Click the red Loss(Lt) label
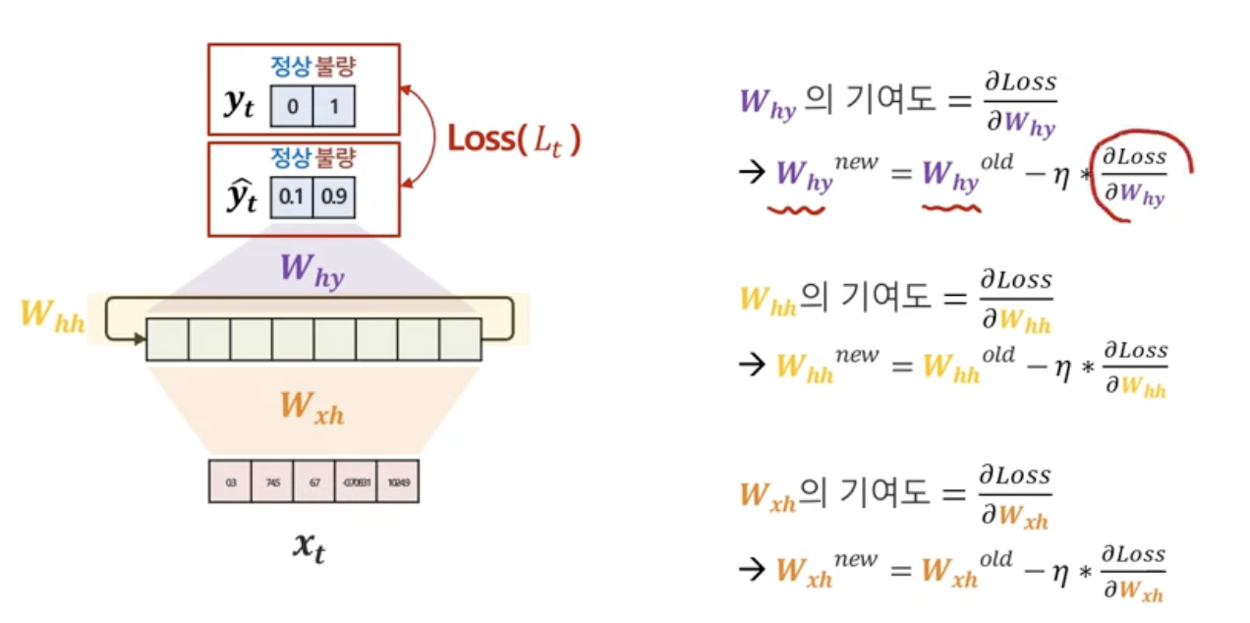coord(514,140)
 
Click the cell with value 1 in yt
coord(334,106)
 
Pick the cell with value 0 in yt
coord(292,106)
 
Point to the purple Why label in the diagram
coord(312,268)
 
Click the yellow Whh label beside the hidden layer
coord(51,317)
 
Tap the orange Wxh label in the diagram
coord(312,407)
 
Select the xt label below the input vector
coord(309,546)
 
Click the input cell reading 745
coord(272,482)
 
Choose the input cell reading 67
coord(314,482)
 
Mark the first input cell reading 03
coord(230,482)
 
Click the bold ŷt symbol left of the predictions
coord(241,197)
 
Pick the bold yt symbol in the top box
coord(238,104)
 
